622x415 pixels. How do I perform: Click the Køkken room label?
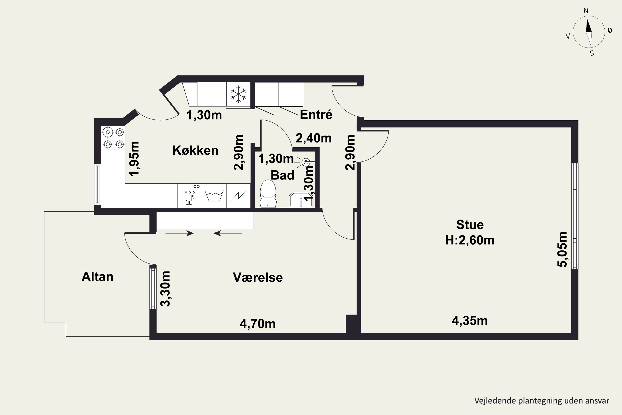[x=195, y=150]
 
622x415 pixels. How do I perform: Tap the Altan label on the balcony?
[x=97, y=277]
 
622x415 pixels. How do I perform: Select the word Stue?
[x=470, y=225]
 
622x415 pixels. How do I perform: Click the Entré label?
[x=316, y=114]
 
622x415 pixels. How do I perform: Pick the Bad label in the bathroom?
[x=282, y=175]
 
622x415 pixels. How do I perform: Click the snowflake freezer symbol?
[x=238, y=94]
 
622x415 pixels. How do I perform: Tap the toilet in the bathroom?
[x=268, y=193]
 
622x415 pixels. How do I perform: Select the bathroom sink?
[x=301, y=200]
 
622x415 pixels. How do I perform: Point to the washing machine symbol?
[x=214, y=196]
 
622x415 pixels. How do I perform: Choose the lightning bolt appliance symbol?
[x=238, y=196]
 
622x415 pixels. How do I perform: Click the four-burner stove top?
[x=113, y=138]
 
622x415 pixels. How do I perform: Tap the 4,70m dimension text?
[x=258, y=324]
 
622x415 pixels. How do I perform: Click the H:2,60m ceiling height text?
[x=470, y=240]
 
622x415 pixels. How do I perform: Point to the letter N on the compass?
[x=586, y=11]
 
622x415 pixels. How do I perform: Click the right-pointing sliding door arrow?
[x=180, y=233]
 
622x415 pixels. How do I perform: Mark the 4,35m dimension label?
[x=470, y=321]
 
